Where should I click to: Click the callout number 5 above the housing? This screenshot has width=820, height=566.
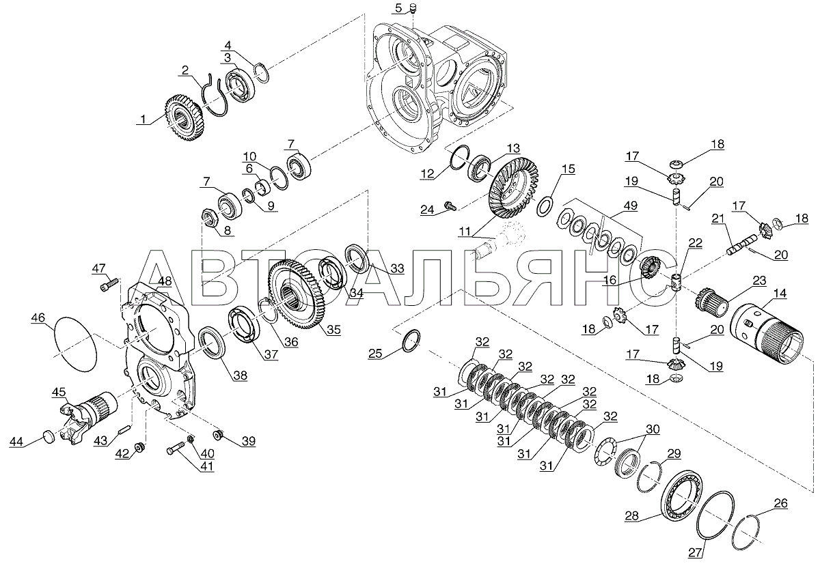[x=398, y=8]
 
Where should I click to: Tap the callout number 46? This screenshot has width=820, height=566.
[x=38, y=317]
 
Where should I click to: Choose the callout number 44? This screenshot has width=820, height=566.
[x=16, y=442]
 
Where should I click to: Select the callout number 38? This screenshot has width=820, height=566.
[x=241, y=376]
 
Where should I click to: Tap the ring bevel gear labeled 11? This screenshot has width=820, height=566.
[x=515, y=191]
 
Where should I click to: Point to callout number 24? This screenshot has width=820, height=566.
[x=427, y=210]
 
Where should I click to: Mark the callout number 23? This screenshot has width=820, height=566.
[x=759, y=281]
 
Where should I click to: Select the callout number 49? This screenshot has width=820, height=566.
[x=630, y=206]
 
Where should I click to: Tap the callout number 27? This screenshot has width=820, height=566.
[x=695, y=552]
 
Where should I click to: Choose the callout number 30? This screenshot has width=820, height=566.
[x=653, y=429]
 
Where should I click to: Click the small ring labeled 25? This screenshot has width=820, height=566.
[x=411, y=341]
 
